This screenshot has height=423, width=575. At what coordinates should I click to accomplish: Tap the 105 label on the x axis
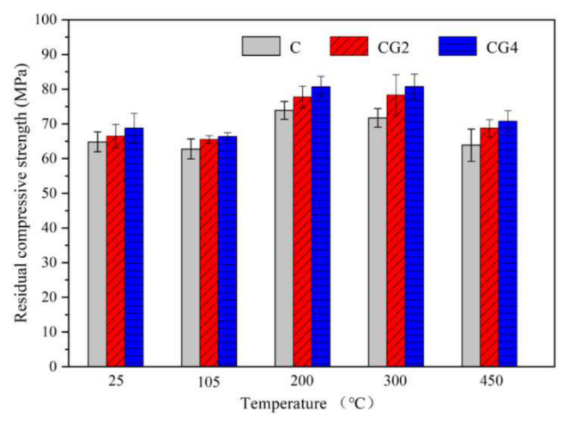pos(209,381)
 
